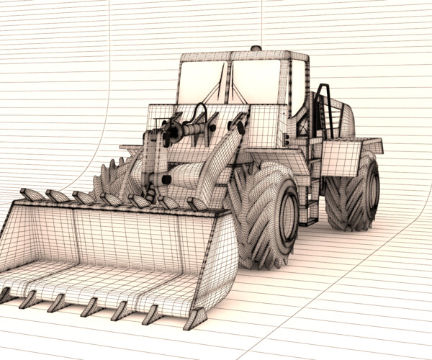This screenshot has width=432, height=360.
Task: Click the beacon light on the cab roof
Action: click(x=255, y=49)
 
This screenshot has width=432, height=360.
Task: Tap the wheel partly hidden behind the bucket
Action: click(x=115, y=176)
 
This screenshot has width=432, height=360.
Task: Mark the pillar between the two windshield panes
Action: click(x=228, y=83)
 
